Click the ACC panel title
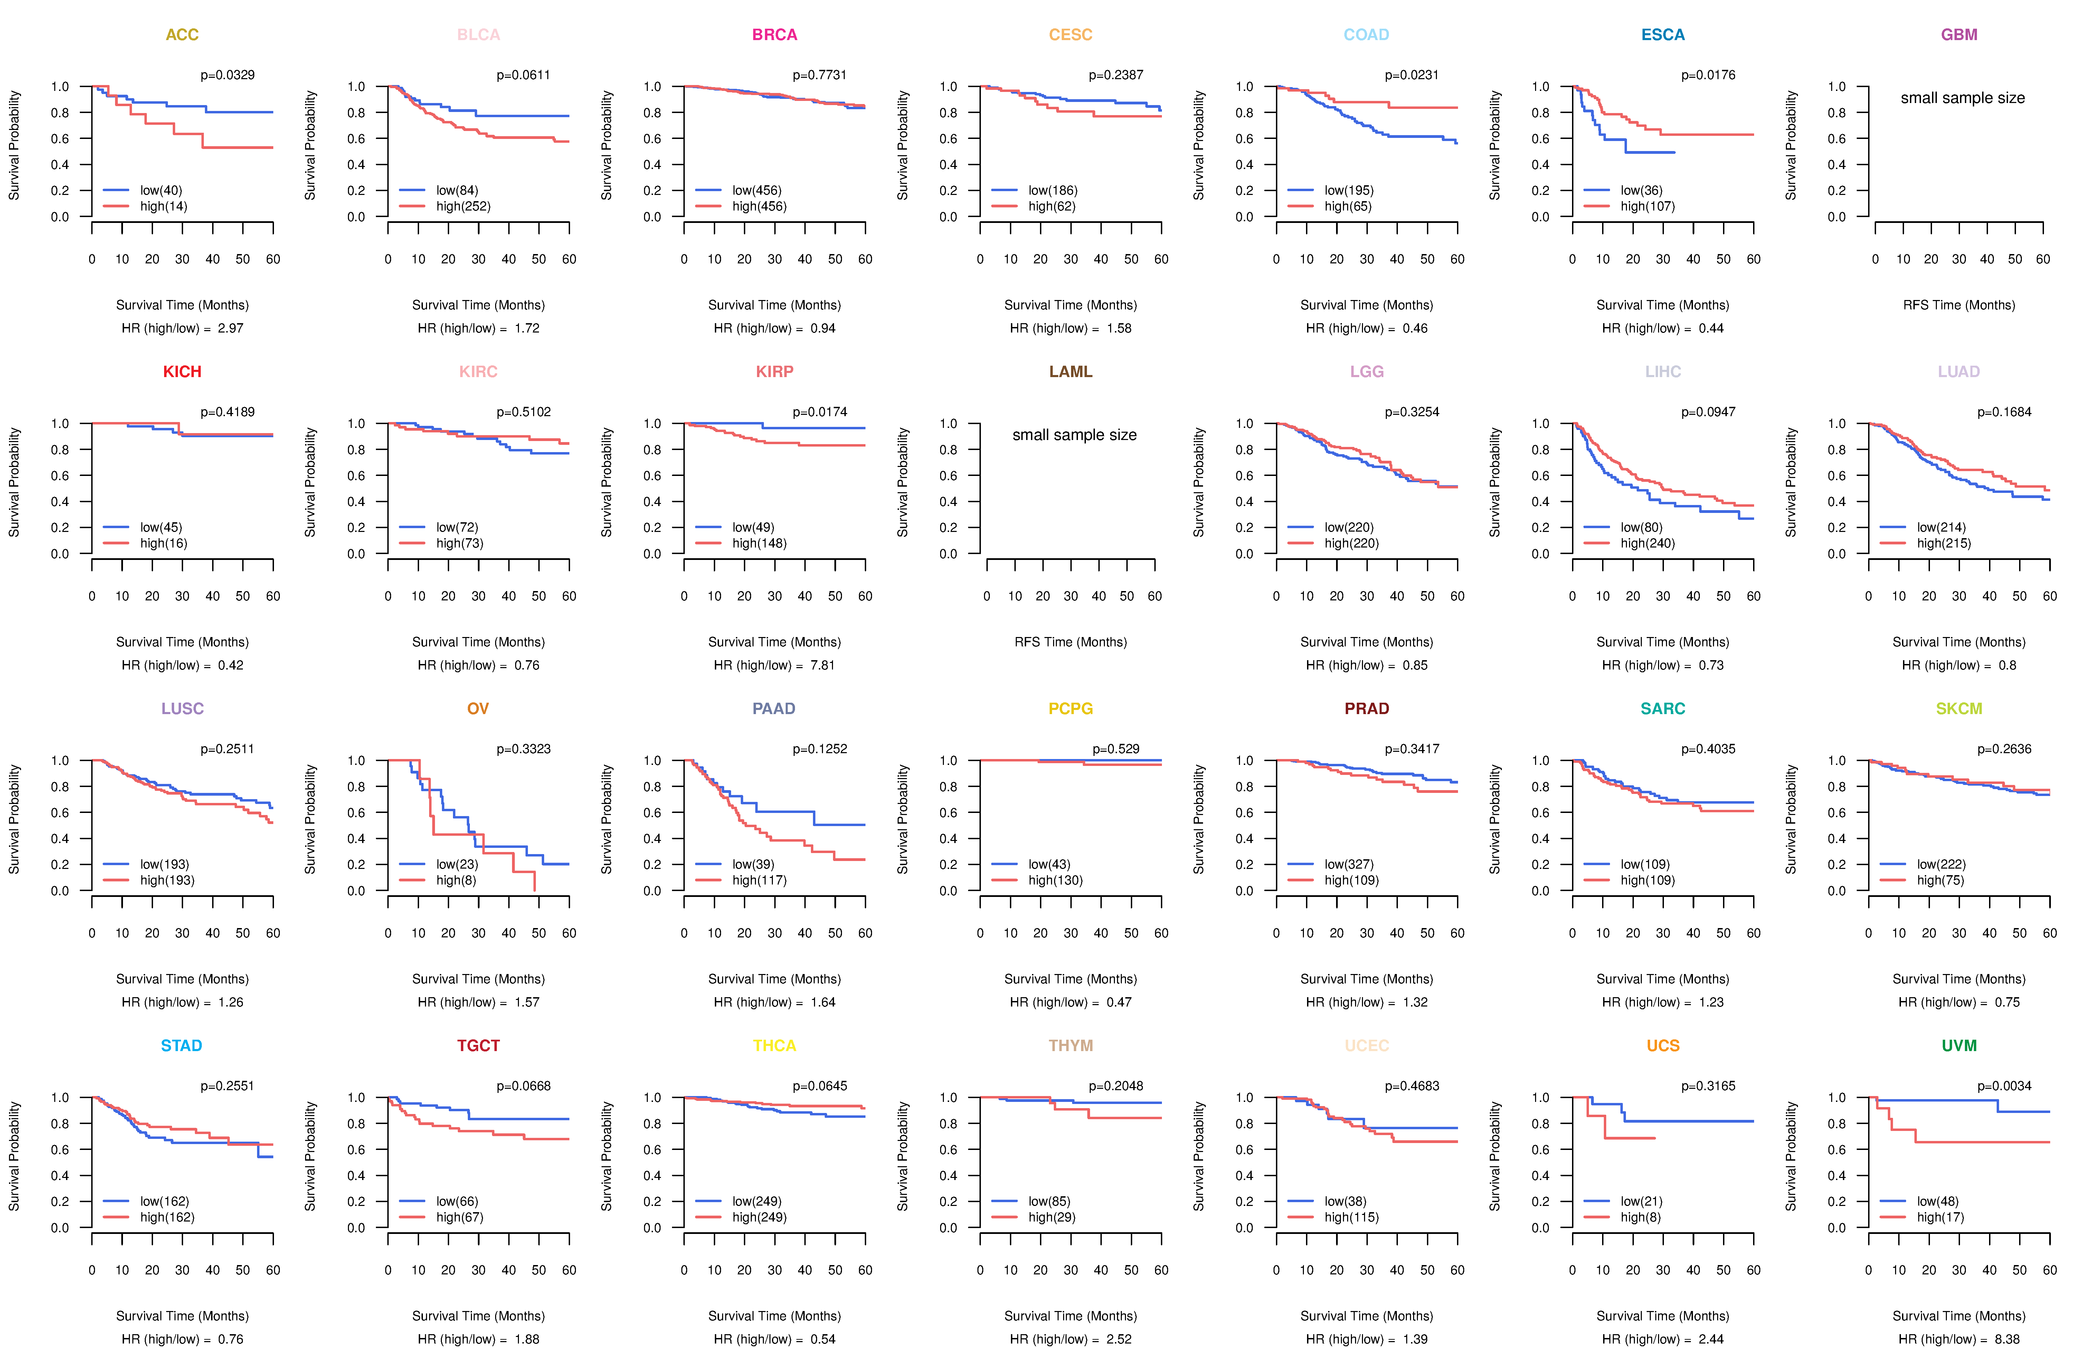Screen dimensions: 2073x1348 point(182,35)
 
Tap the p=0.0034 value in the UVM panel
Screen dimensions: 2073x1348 point(2004,1086)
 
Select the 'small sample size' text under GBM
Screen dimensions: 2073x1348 point(1962,97)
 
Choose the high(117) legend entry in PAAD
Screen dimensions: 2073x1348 point(759,880)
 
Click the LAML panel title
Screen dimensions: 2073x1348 point(1070,372)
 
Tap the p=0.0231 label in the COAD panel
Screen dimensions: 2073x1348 point(1412,75)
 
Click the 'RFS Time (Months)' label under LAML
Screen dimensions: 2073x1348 point(1070,642)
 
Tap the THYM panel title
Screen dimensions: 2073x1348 point(1070,1046)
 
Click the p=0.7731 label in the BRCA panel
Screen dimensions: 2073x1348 point(820,75)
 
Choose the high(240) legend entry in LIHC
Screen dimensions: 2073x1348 point(1648,543)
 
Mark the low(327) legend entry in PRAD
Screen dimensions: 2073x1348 point(1349,864)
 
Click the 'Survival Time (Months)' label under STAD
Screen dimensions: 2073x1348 point(182,1316)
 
